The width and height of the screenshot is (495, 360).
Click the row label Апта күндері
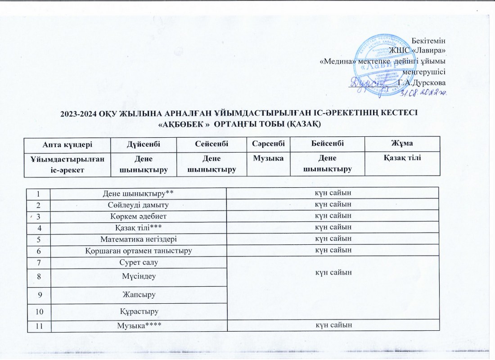point(68,143)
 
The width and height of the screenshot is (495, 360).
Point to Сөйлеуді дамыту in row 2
point(138,204)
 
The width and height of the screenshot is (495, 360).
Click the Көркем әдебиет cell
point(138,216)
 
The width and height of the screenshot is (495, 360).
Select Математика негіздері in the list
point(138,238)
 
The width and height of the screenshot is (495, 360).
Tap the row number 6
point(39,250)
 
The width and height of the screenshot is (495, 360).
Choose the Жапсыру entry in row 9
point(138,295)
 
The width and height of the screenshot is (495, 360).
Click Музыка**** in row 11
point(138,325)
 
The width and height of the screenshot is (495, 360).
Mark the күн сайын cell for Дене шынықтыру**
point(332,193)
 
